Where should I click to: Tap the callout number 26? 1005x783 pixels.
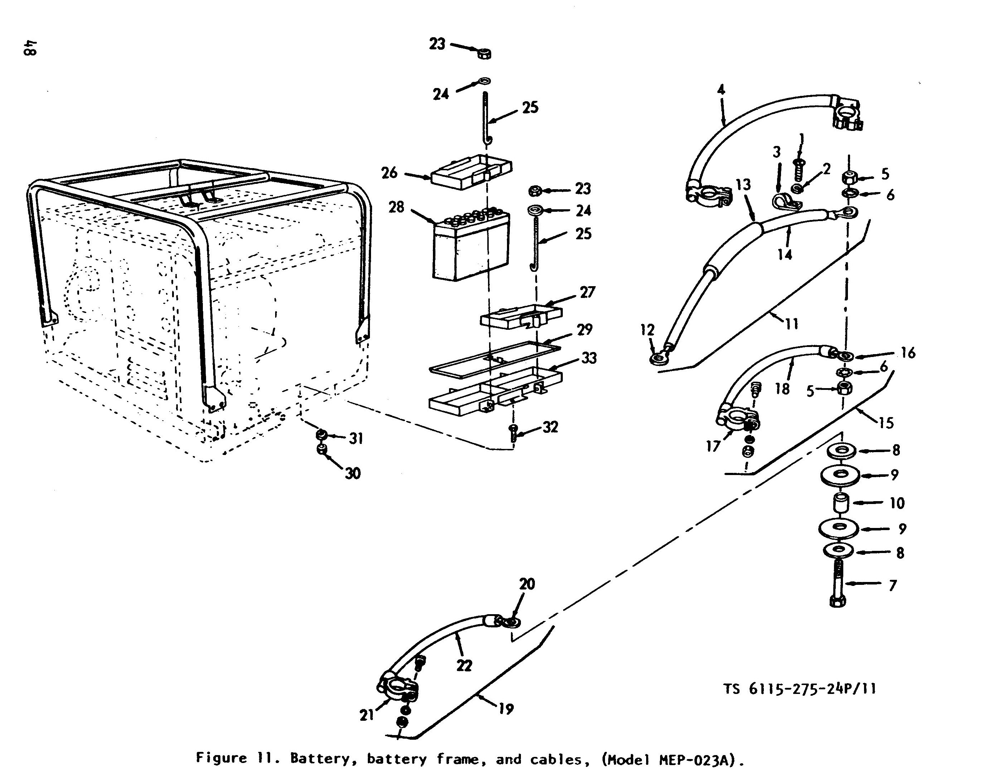pyautogui.click(x=389, y=173)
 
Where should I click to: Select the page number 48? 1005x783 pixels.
pyautogui.click(x=31, y=48)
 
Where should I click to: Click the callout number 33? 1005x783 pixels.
pyautogui.click(x=589, y=358)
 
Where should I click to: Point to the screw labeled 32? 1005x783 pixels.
pyautogui.click(x=513, y=433)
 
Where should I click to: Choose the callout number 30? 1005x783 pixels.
pyautogui.click(x=353, y=473)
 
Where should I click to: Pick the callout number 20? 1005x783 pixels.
pyautogui.click(x=527, y=584)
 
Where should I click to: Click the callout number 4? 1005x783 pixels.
pyautogui.click(x=721, y=89)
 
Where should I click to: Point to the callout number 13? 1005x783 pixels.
pyautogui.click(x=743, y=185)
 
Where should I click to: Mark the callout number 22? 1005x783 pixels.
pyautogui.click(x=464, y=666)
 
